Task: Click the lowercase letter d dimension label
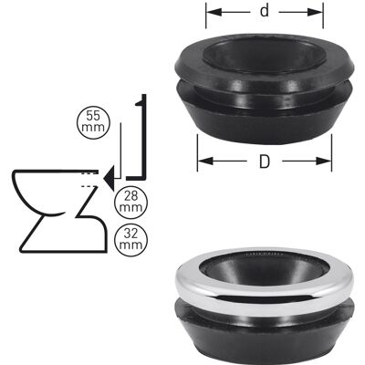[x=265, y=11]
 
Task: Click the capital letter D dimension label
[x=265, y=162]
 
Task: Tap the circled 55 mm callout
[x=93, y=122]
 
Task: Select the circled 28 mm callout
[x=130, y=203]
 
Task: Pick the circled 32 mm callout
[x=130, y=240]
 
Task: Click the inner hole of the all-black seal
[x=264, y=56]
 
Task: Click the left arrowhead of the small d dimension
[x=214, y=12]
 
